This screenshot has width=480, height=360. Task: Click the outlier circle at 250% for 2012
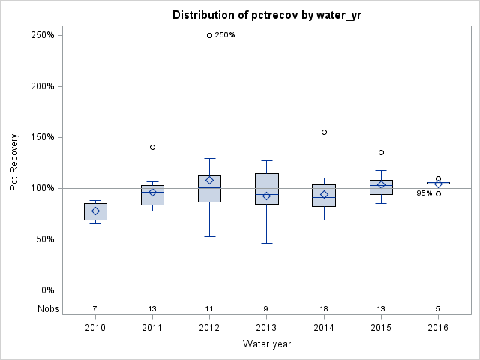pos(209,35)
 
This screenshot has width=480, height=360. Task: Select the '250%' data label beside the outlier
pos(225,35)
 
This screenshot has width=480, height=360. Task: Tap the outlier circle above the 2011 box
pos(152,147)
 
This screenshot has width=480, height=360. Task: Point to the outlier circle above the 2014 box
pos(324,132)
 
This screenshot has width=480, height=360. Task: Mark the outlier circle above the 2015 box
pos(381,153)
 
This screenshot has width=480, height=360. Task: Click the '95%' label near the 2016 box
pos(424,193)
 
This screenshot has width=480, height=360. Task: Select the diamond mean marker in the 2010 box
pos(95,211)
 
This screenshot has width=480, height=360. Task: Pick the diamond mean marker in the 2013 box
pos(266,196)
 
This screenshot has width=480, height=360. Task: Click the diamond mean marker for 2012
pos(209,181)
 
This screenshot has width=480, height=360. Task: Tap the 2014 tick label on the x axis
pos(324,327)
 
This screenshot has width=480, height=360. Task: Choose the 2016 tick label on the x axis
pos(438,327)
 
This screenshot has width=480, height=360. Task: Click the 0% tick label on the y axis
pos(46,290)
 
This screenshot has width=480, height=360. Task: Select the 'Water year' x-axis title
pos(266,344)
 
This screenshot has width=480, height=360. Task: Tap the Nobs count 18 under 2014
pos(324,308)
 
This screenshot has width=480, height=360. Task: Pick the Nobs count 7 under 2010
pos(95,308)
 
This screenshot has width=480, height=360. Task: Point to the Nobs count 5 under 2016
pos(438,308)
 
